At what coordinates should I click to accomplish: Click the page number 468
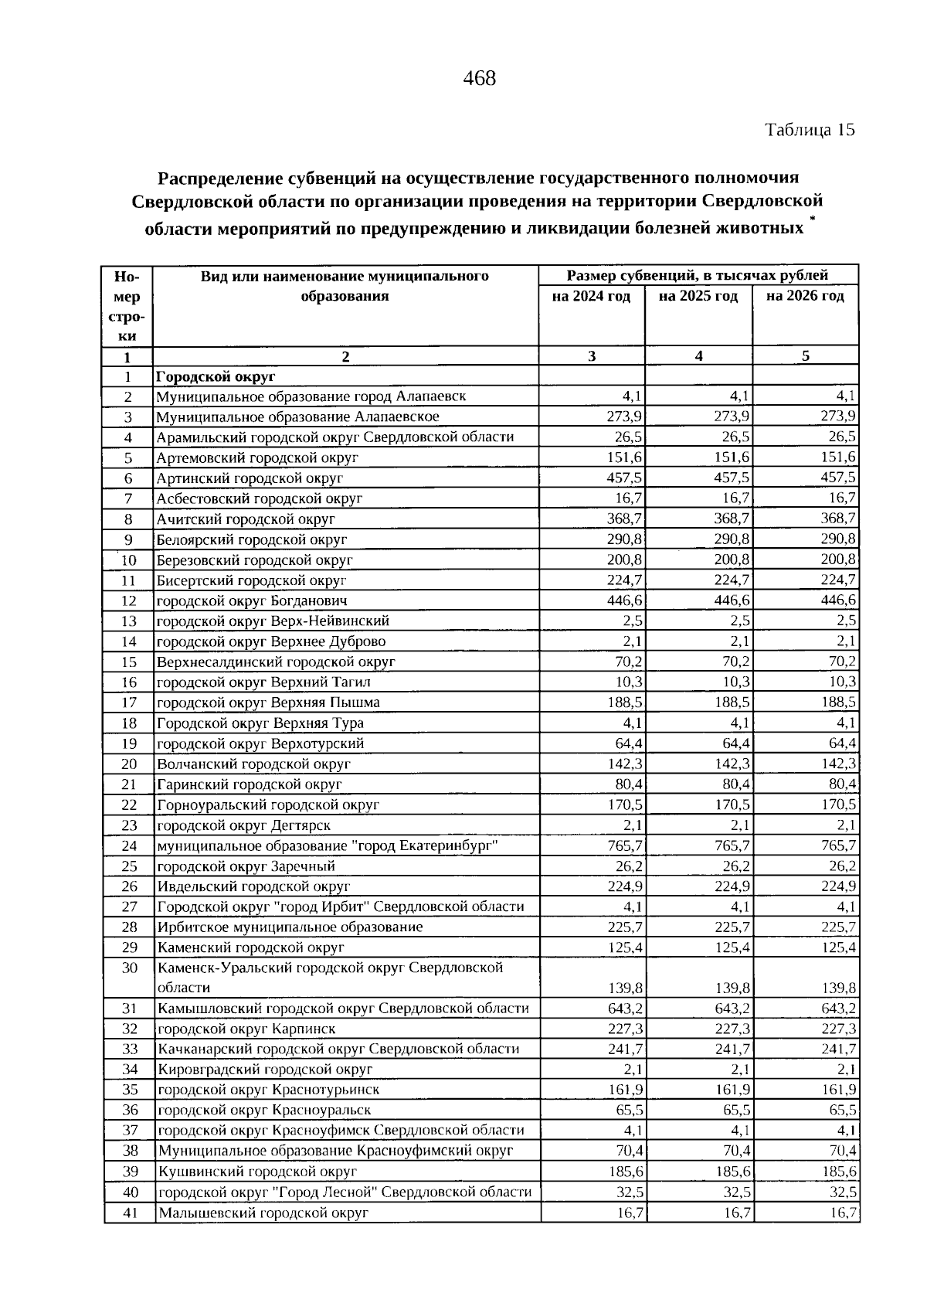(479, 78)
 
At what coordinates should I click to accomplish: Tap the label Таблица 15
(810, 130)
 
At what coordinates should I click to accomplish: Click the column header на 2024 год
(591, 296)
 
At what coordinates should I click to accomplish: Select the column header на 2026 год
(805, 296)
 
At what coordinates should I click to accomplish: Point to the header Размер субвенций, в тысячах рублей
(698, 275)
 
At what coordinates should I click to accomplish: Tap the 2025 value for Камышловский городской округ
(732, 1009)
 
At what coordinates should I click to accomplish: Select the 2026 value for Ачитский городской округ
(838, 519)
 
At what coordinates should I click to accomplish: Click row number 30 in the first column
(129, 968)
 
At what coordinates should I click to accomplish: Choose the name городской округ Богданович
(252, 600)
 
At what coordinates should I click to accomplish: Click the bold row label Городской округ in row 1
(216, 376)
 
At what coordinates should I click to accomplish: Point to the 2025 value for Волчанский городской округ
(732, 764)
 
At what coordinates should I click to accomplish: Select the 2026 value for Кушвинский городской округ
(839, 1172)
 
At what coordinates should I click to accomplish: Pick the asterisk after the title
(812, 221)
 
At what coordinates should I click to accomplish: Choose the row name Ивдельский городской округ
(253, 886)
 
